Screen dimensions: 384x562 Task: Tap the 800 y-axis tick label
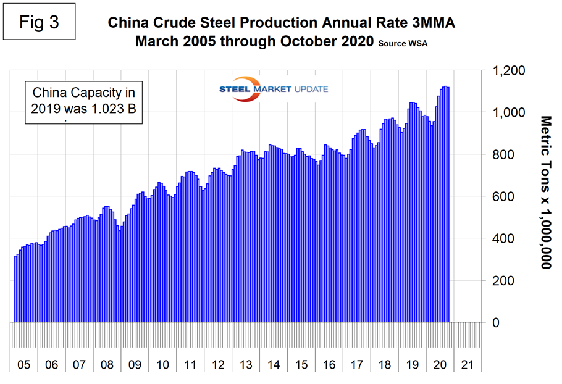coord(501,154)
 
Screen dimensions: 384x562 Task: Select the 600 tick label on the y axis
coord(501,196)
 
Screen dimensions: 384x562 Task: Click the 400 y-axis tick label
coord(501,238)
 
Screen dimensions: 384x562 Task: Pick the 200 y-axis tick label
coord(501,280)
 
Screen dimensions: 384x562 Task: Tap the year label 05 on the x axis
coord(23,364)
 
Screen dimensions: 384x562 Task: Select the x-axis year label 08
coord(107,364)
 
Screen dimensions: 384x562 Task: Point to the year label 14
coord(274,364)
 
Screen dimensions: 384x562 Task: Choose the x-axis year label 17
coord(357,364)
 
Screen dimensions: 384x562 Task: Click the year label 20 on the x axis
coord(440,364)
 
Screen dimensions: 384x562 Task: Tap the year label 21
coord(468,364)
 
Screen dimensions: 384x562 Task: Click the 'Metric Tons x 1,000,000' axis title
coord(545,191)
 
